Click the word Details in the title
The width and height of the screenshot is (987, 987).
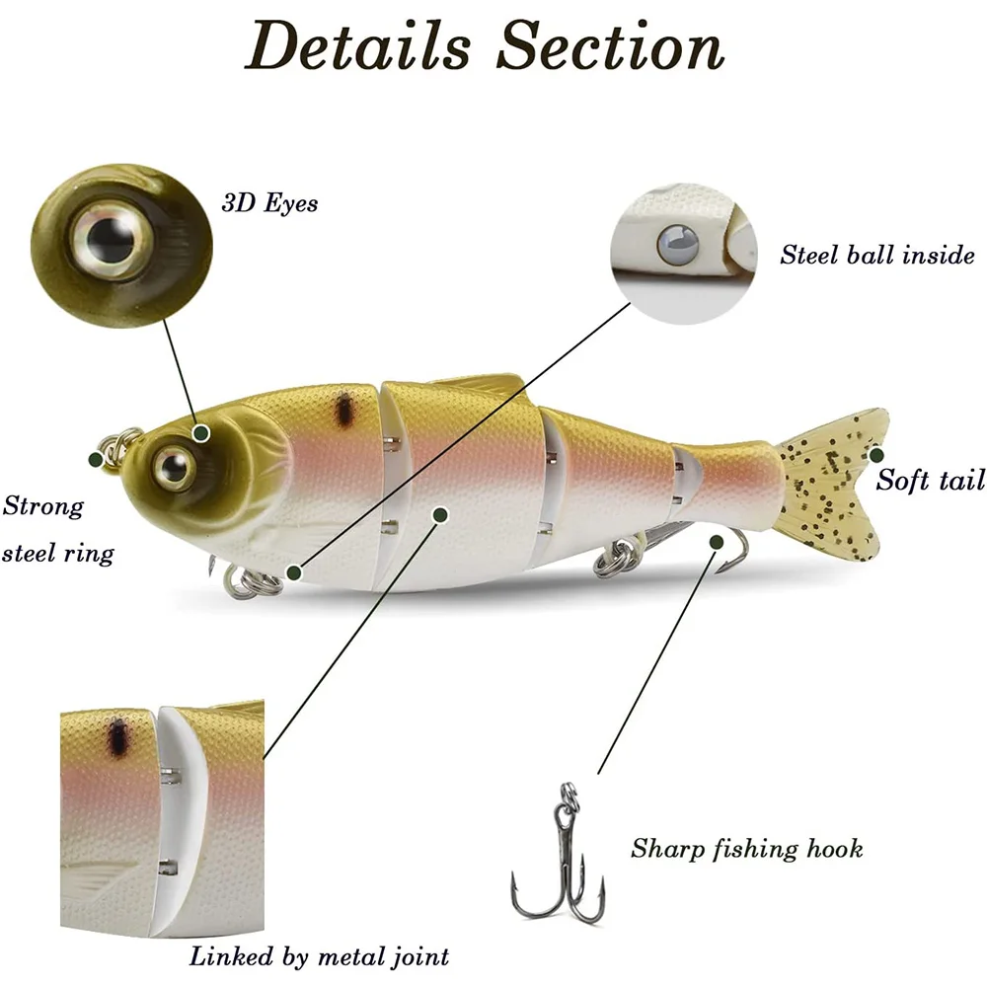(x=357, y=44)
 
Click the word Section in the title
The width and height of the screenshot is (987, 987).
(x=609, y=44)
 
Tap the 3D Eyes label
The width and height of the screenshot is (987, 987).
(x=269, y=203)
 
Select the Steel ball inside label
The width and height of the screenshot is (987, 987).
(x=876, y=255)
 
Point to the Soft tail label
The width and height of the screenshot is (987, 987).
(x=931, y=481)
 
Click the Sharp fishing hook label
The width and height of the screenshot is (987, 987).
(x=746, y=848)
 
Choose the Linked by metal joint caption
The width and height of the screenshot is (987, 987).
(x=319, y=955)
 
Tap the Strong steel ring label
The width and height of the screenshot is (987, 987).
(x=57, y=529)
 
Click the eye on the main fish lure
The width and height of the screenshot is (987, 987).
(x=173, y=463)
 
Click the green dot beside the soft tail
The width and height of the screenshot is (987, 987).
(x=875, y=455)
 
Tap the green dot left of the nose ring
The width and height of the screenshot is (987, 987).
(x=96, y=459)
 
